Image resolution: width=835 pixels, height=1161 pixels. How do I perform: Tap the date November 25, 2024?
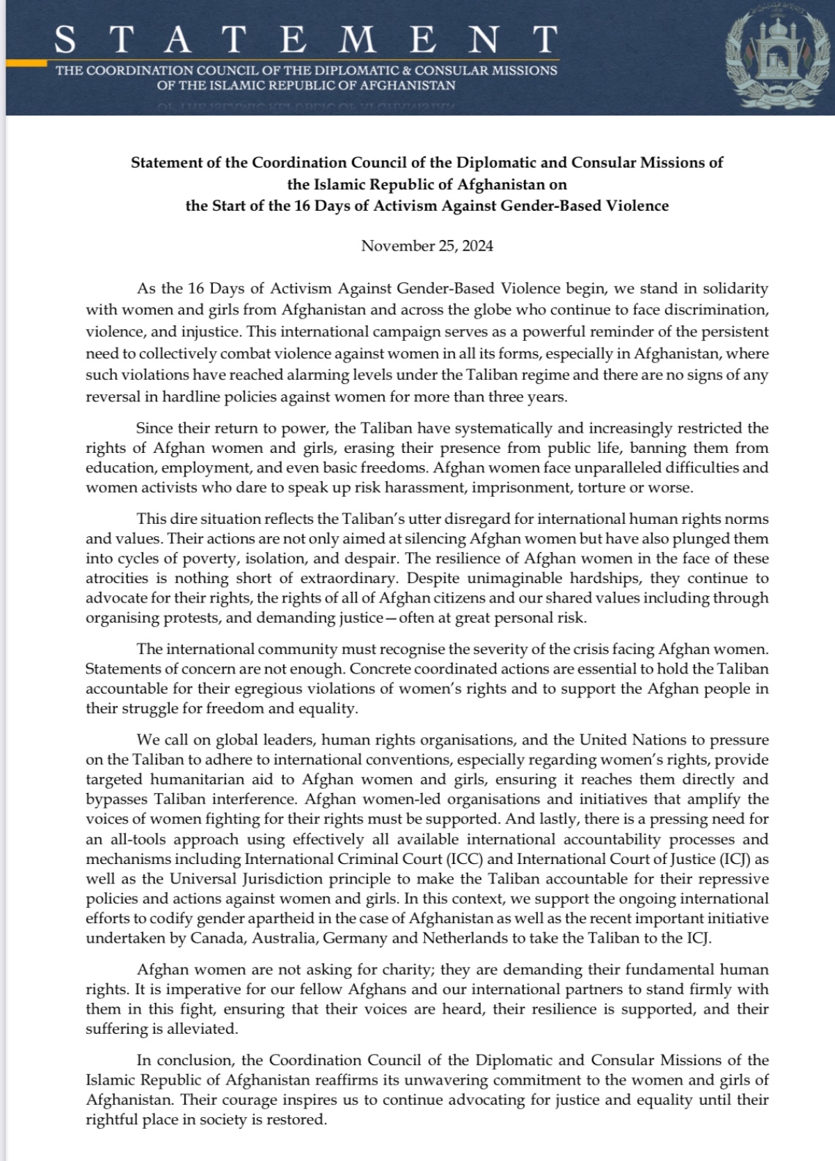[427, 246]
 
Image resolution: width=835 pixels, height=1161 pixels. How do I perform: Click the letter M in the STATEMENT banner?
[360, 40]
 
